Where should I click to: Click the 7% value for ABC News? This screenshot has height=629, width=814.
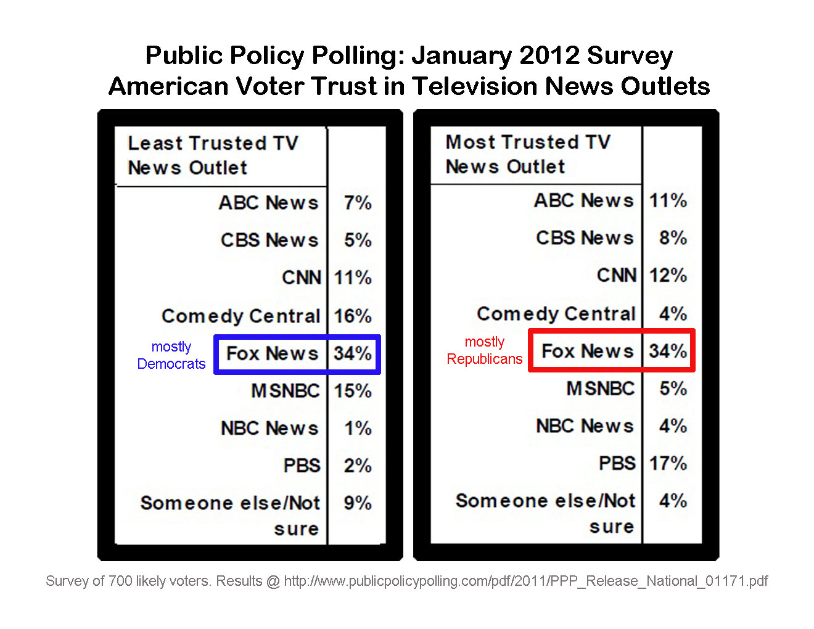tap(358, 203)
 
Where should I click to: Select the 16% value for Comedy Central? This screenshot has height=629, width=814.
tap(353, 316)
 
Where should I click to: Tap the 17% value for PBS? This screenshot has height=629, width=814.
tap(668, 463)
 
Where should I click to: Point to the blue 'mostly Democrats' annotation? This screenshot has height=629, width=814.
tap(171, 355)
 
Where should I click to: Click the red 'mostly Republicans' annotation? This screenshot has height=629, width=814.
tap(485, 350)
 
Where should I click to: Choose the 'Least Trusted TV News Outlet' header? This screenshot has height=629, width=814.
tap(213, 155)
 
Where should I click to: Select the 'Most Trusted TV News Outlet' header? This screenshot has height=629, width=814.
tap(528, 154)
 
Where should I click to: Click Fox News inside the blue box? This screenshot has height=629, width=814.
tap(272, 353)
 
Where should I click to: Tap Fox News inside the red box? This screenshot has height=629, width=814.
tap(587, 351)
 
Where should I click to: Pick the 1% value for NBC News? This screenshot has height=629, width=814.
tap(358, 428)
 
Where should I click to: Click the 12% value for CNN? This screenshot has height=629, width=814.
tap(668, 275)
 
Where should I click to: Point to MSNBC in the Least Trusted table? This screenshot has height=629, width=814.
tap(286, 391)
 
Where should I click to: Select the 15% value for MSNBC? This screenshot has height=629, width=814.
tap(353, 391)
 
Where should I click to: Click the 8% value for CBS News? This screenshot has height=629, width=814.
tap(673, 238)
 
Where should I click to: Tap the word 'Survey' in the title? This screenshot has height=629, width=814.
tap(630, 55)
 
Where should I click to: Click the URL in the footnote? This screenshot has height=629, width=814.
tap(525, 581)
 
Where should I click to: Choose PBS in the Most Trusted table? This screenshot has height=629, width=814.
tap(617, 463)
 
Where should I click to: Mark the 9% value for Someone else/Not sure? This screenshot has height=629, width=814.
tap(358, 503)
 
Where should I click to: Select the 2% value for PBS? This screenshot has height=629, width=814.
tap(358, 466)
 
